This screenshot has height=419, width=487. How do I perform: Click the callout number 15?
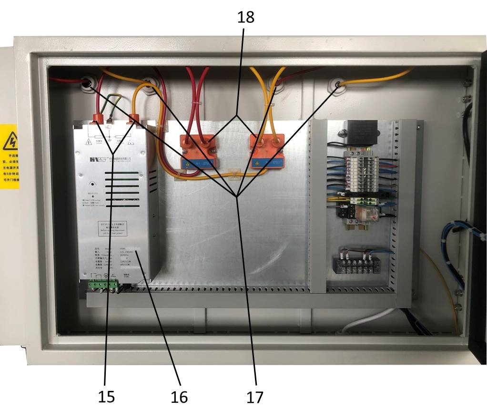[x=106, y=396]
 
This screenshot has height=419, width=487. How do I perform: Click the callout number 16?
[x=179, y=396]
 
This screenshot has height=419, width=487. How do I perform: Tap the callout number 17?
[x=254, y=396]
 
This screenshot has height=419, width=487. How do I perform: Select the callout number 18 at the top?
[x=246, y=17]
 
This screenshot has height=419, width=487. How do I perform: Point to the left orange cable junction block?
[x=197, y=152]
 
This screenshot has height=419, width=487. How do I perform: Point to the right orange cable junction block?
[x=267, y=151]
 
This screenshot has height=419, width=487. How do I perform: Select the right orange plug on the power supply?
[x=134, y=119]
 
